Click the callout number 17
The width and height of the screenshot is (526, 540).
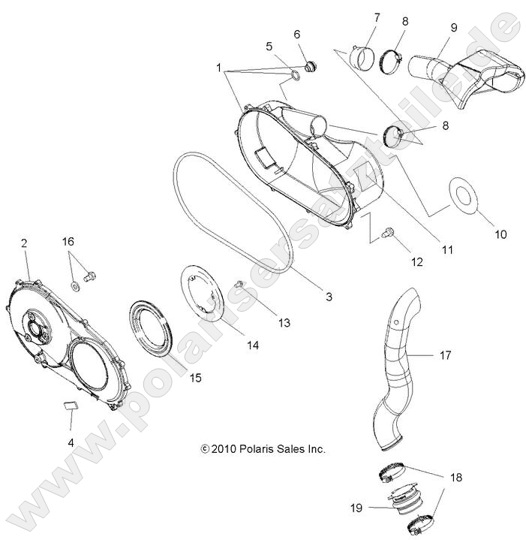pos(445,355)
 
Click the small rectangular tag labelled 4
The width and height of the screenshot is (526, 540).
pos(71,406)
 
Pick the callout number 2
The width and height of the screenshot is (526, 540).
pos(24,243)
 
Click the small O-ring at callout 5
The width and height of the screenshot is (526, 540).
pos(295,74)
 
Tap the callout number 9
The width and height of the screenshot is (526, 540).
pos(454,28)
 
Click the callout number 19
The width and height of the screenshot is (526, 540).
pos(356,508)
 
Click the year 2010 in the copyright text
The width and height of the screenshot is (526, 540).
pos(224,448)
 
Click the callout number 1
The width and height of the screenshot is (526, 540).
pos(220,68)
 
